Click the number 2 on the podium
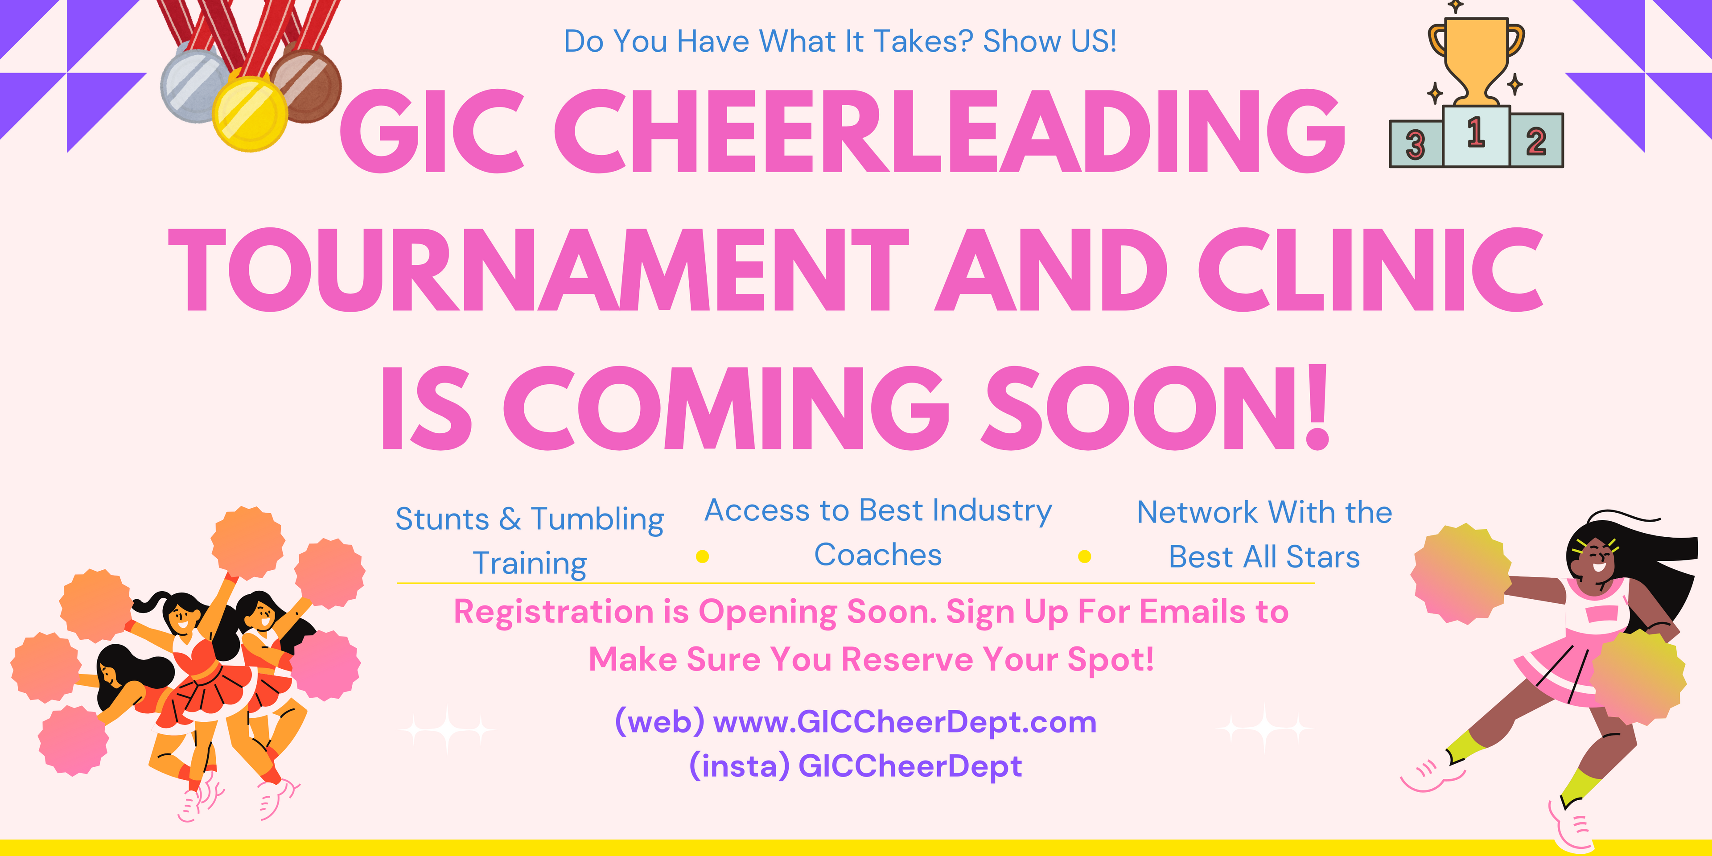click(1536, 141)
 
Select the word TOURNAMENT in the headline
click(538, 269)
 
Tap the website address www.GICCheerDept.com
click(905, 722)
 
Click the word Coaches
click(878, 555)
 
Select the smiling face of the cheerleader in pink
click(1590, 557)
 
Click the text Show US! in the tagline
click(1050, 41)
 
